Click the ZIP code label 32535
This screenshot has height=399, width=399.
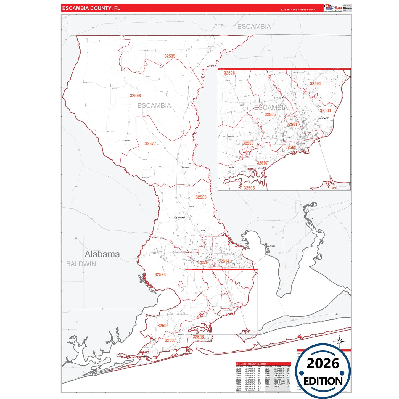click(170, 56)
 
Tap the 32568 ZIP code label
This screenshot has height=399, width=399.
click(135, 96)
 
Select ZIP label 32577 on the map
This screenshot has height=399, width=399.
click(150, 144)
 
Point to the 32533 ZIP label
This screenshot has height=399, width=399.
click(201, 197)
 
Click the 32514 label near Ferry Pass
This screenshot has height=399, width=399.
click(224, 261)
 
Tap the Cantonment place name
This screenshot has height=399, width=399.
click(179, 218)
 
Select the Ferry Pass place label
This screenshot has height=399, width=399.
click(236, 263)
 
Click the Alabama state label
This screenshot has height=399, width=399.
click(102, 254)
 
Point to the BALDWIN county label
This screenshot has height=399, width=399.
click(81, 264)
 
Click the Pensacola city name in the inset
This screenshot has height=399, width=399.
click(323, 118)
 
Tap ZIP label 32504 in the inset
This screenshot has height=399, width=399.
click(315, 84)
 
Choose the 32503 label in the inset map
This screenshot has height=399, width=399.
click(325, 110)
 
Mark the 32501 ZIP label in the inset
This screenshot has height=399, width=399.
click(292, 124)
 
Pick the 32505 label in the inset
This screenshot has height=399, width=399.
click(270, 115)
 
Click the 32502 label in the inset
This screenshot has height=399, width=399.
click(291, 147)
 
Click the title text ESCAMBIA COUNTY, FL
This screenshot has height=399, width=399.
click(91, 8)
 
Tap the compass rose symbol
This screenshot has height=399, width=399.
click(339, 342)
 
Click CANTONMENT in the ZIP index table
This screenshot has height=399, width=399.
click(279, 376)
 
